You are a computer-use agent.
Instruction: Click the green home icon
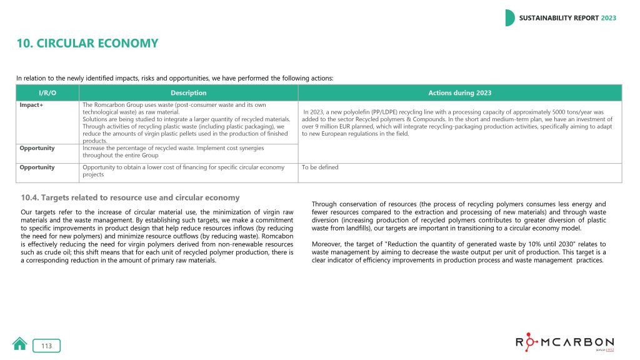(20, 344)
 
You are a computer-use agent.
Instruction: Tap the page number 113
(47, 346)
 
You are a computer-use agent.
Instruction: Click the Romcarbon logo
(564, 343)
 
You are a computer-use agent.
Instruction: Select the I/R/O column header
(47, 92)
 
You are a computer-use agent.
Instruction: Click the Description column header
(188, 92)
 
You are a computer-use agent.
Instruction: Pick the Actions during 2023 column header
(459, 92)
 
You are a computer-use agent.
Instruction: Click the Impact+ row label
(31, 105)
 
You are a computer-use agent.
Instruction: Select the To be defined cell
(319, 167)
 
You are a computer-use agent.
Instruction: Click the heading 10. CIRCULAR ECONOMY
(87, 44)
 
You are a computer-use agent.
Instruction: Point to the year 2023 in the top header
(608, 18)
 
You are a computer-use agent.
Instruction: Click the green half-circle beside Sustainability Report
(510, 18)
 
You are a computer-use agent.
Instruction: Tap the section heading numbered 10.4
(130, 197)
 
